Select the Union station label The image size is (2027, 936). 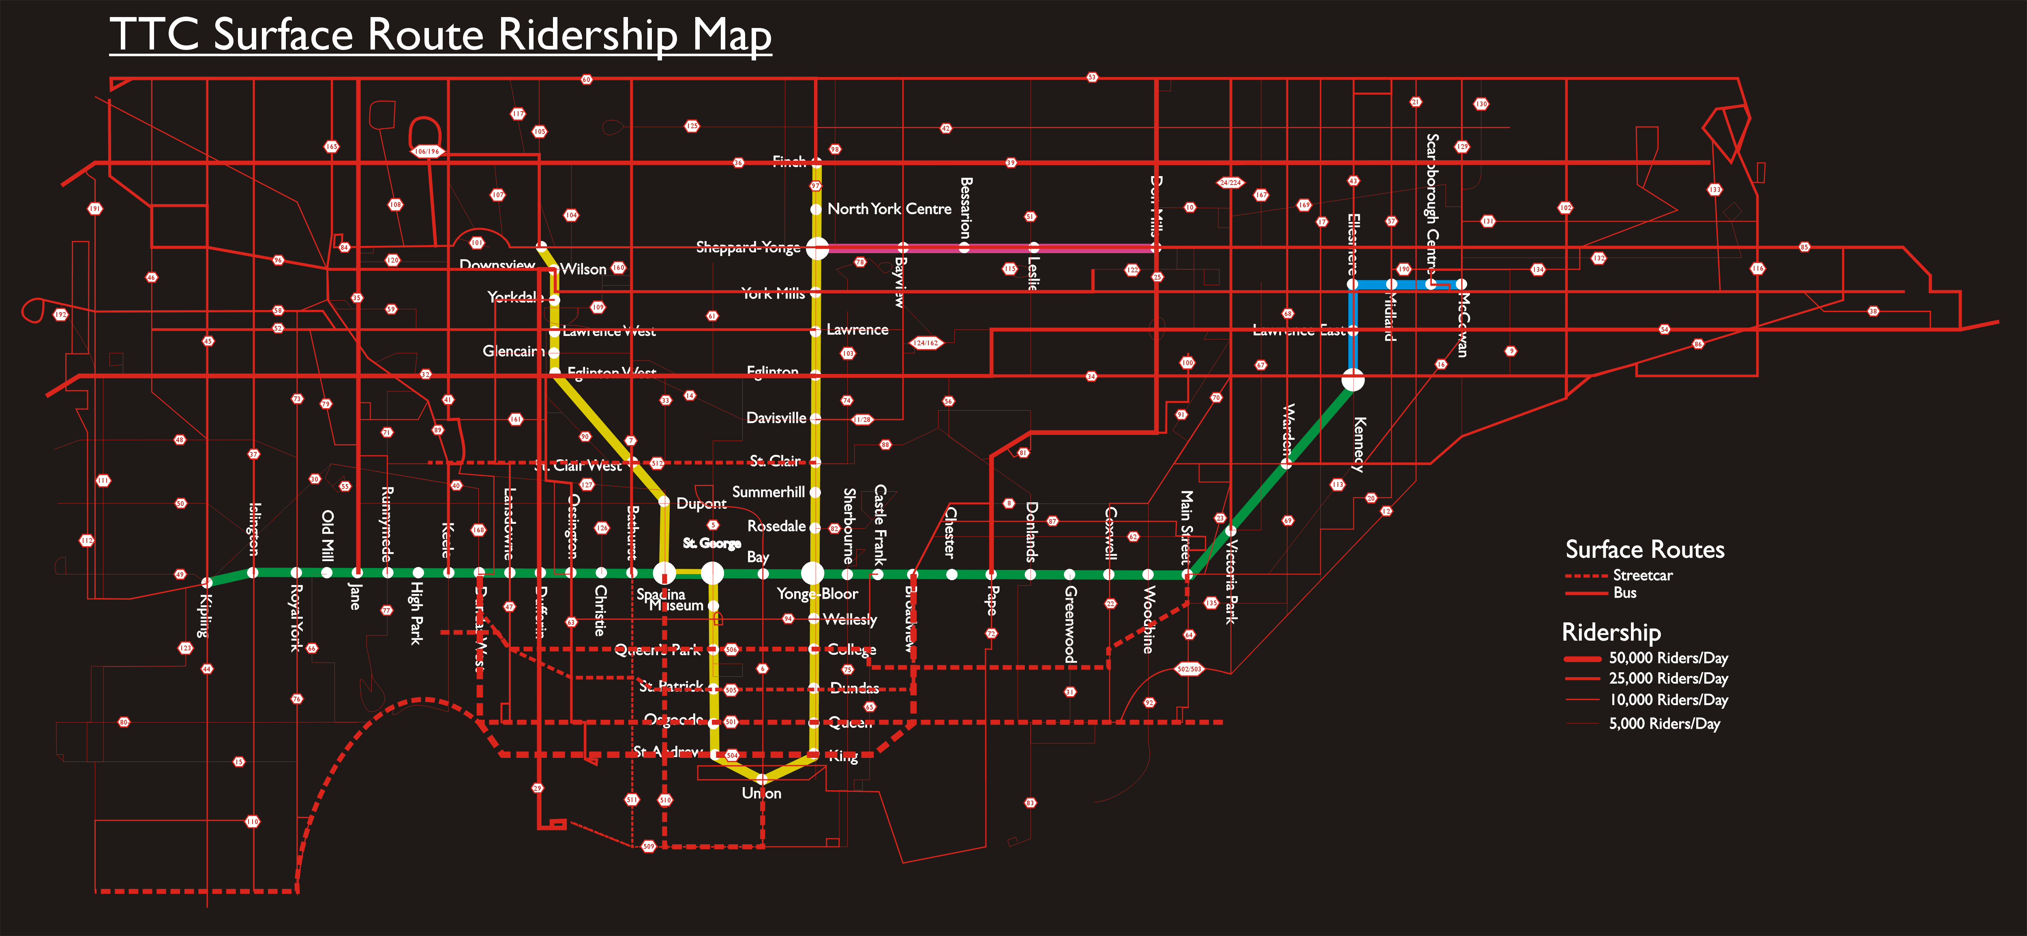coord(762,794)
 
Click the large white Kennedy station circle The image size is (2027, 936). coord(1353,380)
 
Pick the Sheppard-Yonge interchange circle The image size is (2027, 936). coord(817,248)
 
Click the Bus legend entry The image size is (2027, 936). coord(1625,593)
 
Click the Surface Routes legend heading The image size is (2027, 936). coord(1645,549)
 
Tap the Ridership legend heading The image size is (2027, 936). coord(1611,632)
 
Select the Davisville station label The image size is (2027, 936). coord(776,418)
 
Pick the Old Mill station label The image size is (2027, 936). coord(327,535)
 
